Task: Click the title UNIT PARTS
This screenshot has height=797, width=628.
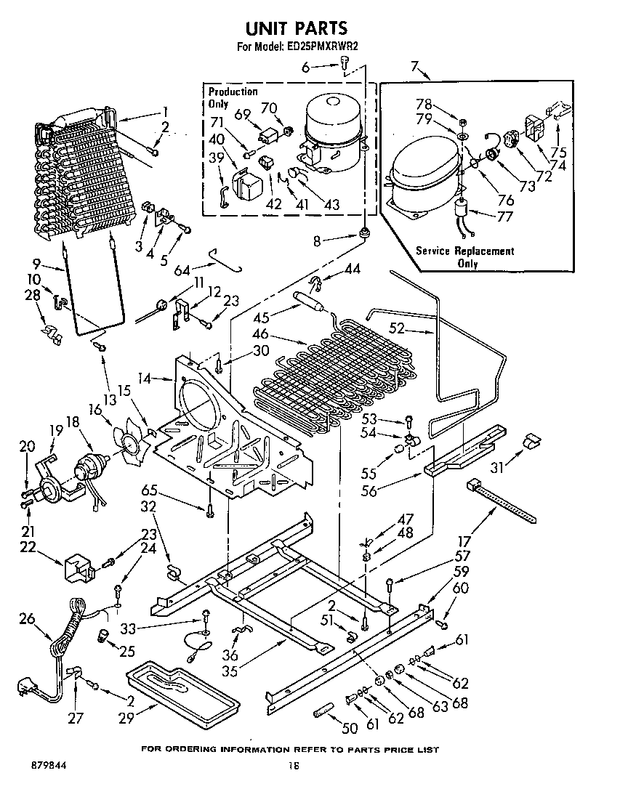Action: point(296,28)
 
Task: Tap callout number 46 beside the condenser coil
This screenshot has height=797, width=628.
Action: point(261,335)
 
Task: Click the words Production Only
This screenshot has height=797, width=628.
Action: point(233,97)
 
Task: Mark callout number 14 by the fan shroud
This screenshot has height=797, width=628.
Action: point(145,379)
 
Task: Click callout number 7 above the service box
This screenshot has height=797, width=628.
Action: point(414,68)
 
